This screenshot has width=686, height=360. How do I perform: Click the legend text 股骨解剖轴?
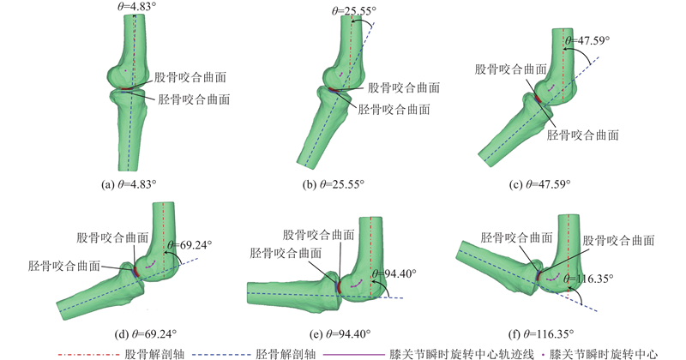tap(155, 351)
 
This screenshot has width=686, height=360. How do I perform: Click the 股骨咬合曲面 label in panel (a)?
tap(190, 76)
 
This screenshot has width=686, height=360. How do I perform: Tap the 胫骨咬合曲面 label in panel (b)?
tap(394, 110)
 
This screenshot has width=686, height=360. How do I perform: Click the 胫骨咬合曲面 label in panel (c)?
tap(583, 135)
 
